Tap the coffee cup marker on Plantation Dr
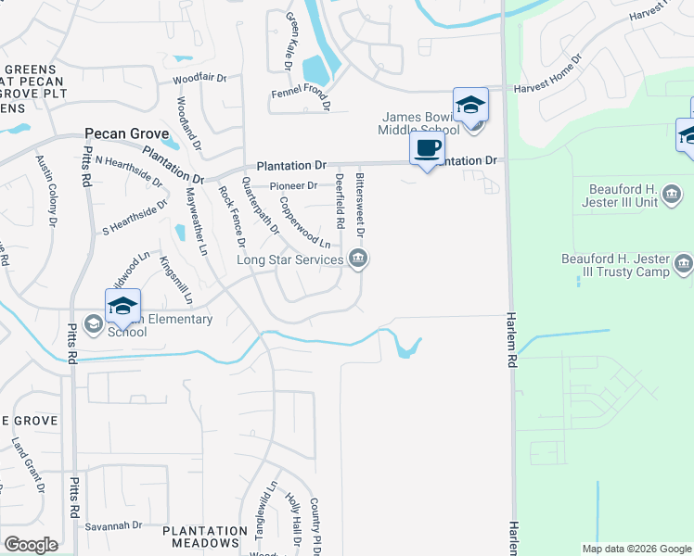click(427, 149)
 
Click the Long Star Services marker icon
click(358, 260)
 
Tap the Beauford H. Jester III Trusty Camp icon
click(684, 264)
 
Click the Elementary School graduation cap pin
click(122, 306)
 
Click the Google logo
click(31, 545)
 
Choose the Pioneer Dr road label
click(293, 185)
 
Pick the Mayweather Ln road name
click(197, 221)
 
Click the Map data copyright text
click(636, 549)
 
